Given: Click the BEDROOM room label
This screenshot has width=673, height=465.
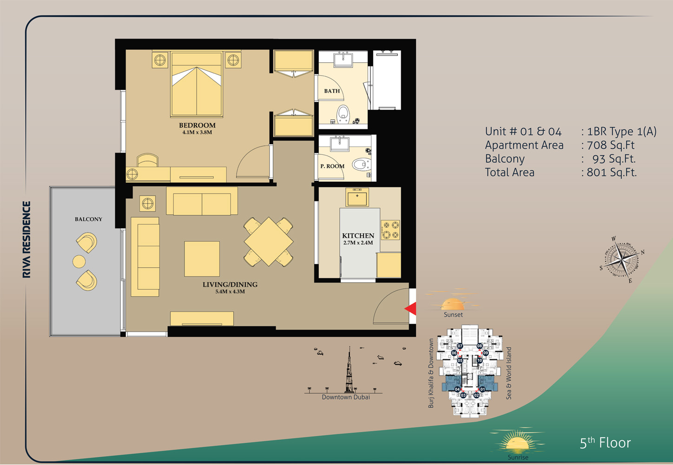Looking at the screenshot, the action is coord(197,125).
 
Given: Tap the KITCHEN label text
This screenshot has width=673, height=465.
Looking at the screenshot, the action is coord(358,236).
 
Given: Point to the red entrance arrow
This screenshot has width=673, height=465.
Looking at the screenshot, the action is coord(410,309).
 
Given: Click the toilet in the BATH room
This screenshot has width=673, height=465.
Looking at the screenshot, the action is coord(343,114).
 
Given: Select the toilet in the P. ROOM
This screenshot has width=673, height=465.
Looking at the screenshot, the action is coord(362,165).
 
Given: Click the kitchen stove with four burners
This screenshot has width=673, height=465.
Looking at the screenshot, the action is coord(390,230).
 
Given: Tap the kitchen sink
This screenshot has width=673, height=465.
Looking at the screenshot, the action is coord(357,198).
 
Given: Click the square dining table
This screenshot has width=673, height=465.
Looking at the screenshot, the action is coord(269,242).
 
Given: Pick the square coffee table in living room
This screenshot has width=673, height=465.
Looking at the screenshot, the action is coord(202,259).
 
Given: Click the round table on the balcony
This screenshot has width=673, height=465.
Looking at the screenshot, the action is coord(79,261).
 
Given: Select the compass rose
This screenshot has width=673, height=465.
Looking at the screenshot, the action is coord(621,259).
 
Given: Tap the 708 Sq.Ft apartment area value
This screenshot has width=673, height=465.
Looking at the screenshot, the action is coord(611,145).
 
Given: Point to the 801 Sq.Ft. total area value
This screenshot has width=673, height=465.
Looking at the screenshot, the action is coord(612,172).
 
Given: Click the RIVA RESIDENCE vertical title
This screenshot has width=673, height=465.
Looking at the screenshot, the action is coord(26,239).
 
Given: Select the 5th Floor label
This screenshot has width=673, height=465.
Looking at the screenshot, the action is coord(605,443).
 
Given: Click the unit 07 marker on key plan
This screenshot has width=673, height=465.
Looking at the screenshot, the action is coord(460,346).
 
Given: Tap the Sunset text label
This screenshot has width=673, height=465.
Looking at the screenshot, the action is coord(453,315).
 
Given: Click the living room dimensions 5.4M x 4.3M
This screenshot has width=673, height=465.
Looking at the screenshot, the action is coord(230,291).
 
